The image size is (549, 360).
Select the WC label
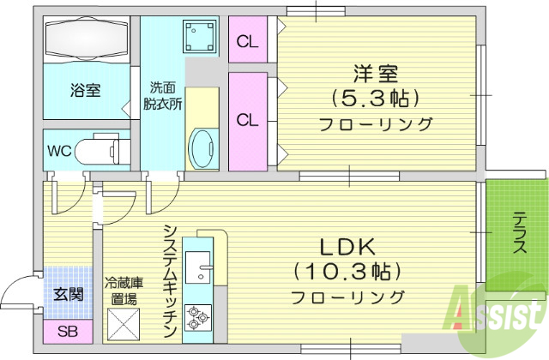click(x=59, y=152)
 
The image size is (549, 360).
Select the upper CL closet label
click(x=248, y=40)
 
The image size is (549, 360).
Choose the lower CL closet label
click(x=248, y=119)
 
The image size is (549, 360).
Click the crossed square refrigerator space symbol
click(x=122, y=325)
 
